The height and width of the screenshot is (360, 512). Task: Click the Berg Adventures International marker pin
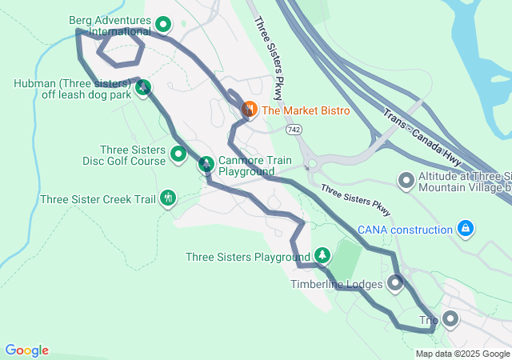click(163, 25)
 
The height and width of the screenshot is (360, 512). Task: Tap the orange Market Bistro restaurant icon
click(249, 109)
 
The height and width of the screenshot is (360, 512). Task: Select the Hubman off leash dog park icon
click(143, 88)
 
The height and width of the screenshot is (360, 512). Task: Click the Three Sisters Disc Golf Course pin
click(178, 153)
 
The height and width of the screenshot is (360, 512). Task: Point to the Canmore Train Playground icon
click(206, 164)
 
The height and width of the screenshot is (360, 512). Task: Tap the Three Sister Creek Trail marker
click(168, 197)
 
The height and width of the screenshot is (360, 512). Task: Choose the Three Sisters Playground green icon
click(322, 255)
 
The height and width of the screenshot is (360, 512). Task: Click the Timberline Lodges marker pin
click(395, 282)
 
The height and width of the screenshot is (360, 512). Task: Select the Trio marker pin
click(450, 320)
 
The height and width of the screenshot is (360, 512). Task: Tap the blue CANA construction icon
click(465, 230)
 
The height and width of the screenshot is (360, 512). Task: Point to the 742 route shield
click(295, 128)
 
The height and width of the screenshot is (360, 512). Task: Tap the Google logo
click(26, 350)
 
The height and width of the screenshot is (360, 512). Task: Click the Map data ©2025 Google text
click(462, 354)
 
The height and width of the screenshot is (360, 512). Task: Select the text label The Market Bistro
click(305, 110)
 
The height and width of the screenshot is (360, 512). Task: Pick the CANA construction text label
click(405, 230)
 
